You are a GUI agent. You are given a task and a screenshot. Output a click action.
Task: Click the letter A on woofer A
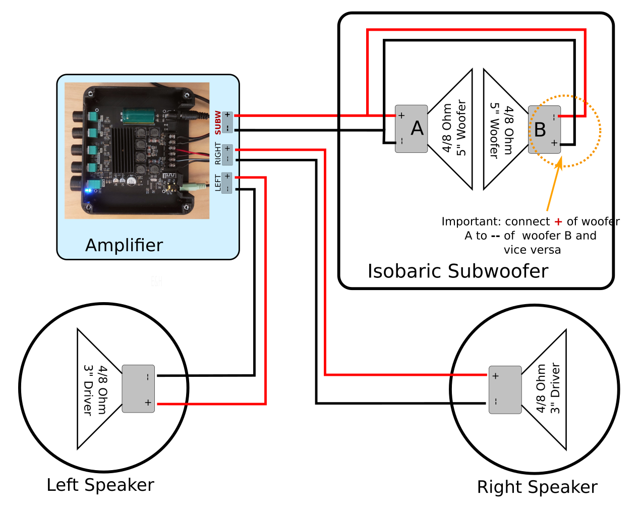pyautogui.click(x=417, y=129)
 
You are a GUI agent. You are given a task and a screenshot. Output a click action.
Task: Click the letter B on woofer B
pyautogui.click(x=540, y=130)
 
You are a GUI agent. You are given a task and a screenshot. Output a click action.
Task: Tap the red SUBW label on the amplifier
pyautogui.click(x=218, y=123)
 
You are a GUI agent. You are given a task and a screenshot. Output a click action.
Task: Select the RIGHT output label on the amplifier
pyautogui.click(x=218, y=153)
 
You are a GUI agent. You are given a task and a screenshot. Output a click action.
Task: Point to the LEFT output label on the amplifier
pyautogui.click(x=218, y=183)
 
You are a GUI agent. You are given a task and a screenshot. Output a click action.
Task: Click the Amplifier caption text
pyautogui.click(x=124, y=245)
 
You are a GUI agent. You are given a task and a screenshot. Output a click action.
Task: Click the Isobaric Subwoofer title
pyautogui.click(x=457, y=271)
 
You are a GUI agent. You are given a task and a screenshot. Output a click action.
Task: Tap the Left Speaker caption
pyautogui.click(x=100, y=485)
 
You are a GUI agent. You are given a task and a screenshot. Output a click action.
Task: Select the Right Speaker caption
pyautogui.click(x=537, y=487)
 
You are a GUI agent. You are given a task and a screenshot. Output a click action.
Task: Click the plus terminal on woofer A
pyautogui.click(x=401, y=116)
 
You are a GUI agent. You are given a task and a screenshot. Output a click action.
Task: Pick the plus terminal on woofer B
pyautogui.click(x=554, y=143)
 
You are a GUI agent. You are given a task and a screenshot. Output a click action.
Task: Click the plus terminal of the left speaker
pyautogui.click(x=148, y=403)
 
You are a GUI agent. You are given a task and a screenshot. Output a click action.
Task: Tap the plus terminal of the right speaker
pyautogui.click(x=496, y=376)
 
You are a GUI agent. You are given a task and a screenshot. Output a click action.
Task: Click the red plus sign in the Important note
pyautogui.click(x=558, y=222)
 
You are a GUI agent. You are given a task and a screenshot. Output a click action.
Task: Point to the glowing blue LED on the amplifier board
pyautogui.click(x=89, y=191)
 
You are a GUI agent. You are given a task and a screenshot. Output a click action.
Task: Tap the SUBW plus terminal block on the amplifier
pyautogui.click(x=227, y=115)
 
